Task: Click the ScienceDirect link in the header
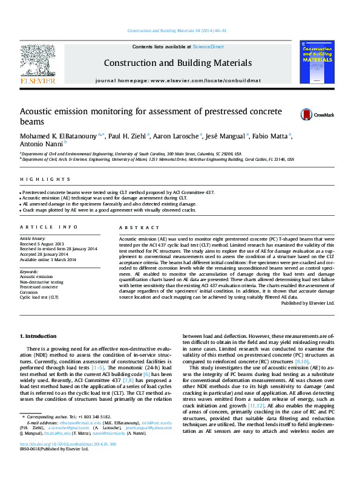coord(208,47)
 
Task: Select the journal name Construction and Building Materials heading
coord(177,63)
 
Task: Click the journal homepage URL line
coord(178,80)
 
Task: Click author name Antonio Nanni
coord(41,146)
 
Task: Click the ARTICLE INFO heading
coord(48,227)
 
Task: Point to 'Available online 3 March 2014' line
coord(48,259)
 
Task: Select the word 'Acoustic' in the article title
coord(39,111)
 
